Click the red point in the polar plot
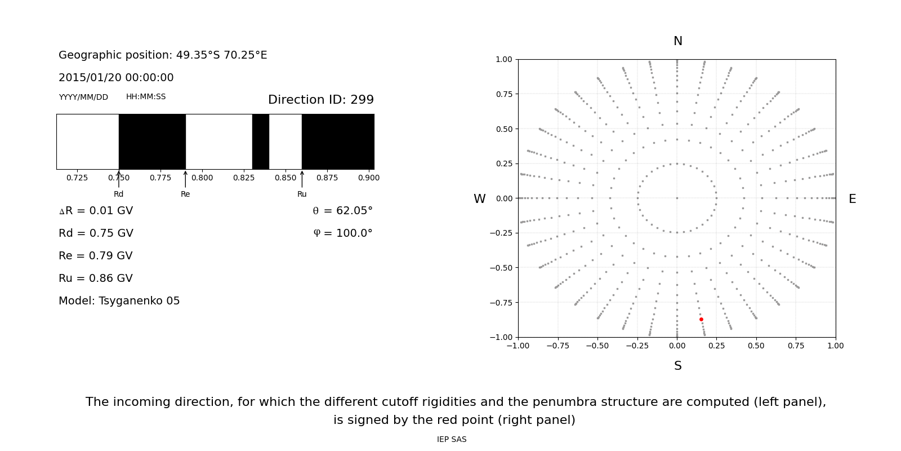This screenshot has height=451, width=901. click(701, 320)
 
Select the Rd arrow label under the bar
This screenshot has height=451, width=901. click(118, 194)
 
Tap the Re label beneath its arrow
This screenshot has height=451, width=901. click(185, 194)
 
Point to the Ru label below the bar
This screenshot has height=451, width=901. click(302, 194)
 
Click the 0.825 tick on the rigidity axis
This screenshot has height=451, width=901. click(244, 178)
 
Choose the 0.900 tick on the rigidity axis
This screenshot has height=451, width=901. click(369, 178)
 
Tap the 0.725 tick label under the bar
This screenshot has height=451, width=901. click(77, 178)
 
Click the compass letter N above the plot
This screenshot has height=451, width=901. click(677, 42)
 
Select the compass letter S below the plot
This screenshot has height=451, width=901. click(677, 366)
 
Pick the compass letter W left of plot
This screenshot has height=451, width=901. click(479, 200)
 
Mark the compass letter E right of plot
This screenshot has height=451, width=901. click(852, 200)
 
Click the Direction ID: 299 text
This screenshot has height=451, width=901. click(320, 100)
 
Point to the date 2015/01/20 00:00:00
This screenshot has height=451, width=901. click(116, 78)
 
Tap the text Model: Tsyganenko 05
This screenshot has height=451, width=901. click(119, 301)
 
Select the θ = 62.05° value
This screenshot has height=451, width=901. click(342, 211)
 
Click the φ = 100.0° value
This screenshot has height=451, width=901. click(342, 233)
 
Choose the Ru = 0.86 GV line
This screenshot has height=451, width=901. click(96, 278)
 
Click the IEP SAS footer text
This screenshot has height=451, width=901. click(452, 440)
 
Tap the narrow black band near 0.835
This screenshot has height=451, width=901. click(260, 142)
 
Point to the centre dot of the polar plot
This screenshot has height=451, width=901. click(677, 198)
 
